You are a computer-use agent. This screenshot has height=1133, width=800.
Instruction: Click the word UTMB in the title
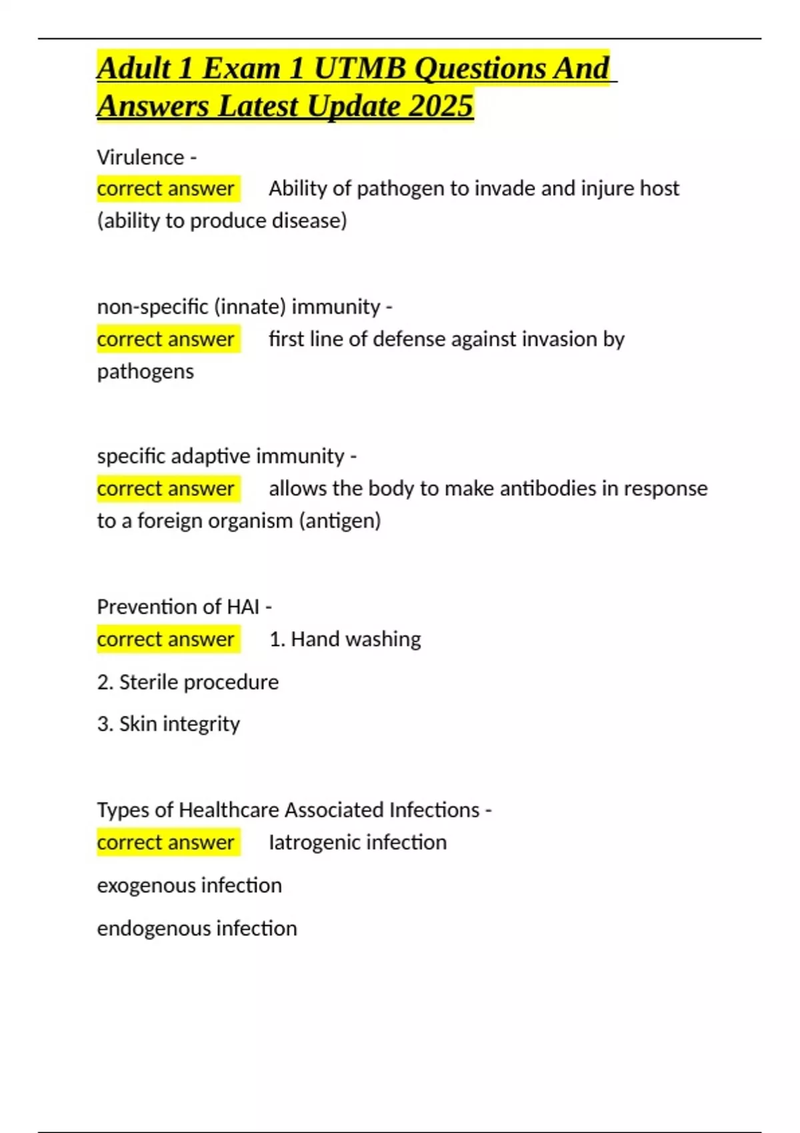tap(359, 69)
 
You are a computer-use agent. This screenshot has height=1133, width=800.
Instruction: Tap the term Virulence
tap(140, 157)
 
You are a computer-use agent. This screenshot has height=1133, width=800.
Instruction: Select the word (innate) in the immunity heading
tap(250, 307)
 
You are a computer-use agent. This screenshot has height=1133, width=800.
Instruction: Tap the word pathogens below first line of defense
tap(145, 371)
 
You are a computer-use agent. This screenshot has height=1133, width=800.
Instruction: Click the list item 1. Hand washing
tap(345, 639)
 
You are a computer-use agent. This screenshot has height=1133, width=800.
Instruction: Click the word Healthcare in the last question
tap(229, 810)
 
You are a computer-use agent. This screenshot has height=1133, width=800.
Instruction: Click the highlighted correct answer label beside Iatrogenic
tap(166, 842)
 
